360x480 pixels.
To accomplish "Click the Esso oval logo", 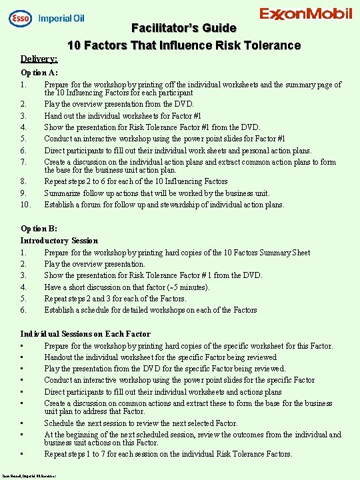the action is coord(20,18).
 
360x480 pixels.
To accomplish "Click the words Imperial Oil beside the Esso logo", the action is coord(65,18).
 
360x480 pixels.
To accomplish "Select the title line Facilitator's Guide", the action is coord(183,28).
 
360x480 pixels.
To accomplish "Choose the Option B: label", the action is coord(39,229).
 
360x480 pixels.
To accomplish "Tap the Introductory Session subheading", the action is coord(59,241).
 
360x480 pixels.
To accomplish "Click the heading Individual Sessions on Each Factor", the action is coord(85,334).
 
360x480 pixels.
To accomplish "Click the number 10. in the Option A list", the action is coord(25,205).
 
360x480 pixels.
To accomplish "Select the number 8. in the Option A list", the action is coord(23,181).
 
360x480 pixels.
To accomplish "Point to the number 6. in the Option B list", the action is coord(23,310).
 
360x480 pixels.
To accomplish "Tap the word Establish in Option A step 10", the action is coord(61,205).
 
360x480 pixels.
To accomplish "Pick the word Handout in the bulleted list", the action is coord(60,357).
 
